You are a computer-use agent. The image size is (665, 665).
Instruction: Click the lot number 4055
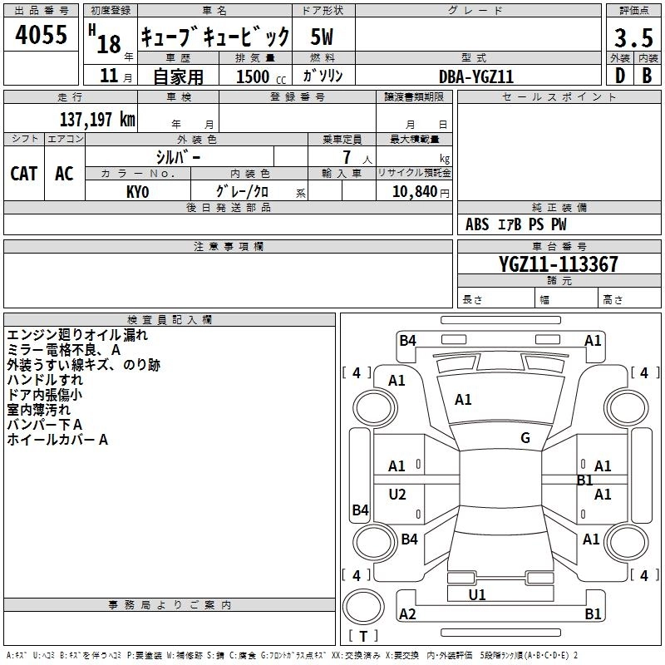(41, 34)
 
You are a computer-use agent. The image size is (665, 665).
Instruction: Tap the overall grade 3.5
(633, 38)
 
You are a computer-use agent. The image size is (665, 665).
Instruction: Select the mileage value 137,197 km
(97, 120)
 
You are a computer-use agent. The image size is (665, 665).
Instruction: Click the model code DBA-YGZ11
(476, 76)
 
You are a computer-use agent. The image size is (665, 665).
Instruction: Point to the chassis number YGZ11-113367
(559, 264)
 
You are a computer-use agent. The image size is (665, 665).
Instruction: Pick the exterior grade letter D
(620, 76)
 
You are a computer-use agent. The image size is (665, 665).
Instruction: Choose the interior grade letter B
(647, 76)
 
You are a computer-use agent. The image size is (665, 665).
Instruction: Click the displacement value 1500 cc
(261, 76)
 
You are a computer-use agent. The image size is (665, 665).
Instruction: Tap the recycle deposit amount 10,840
(415, 191)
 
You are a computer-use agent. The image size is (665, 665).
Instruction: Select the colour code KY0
(138, 192)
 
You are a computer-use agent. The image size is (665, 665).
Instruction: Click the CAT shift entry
(24, 174)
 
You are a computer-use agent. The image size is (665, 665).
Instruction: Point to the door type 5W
(322, 37)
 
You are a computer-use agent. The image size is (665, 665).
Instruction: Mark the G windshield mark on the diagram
(525, 438)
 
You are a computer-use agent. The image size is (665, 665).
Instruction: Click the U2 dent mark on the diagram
(397, 494)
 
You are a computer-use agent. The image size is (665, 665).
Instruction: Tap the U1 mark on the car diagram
(476, 594)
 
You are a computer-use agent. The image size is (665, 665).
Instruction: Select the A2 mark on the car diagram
(407, 613)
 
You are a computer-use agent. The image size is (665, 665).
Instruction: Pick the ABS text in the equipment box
(477, 224)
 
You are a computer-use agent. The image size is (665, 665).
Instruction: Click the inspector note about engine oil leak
(77, 335)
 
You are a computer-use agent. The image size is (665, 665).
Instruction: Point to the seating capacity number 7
(347, 157)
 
